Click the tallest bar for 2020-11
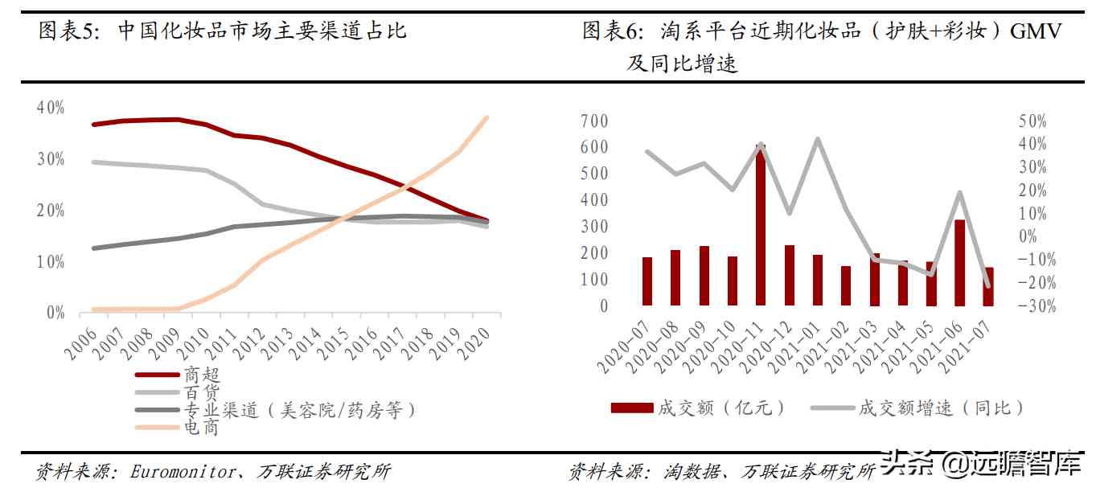tap(760, 225)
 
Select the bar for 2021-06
tap(959, 262)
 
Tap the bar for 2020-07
tap(647, 281)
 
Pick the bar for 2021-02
tap(845, 285)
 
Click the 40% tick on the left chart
tap(51, 107)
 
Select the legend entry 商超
tap(201, 375)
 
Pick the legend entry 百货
tap(201, 392)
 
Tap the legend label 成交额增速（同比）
tap(942, 408)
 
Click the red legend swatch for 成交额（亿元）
tap(631, 408)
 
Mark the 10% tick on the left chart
tap(51, 262)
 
